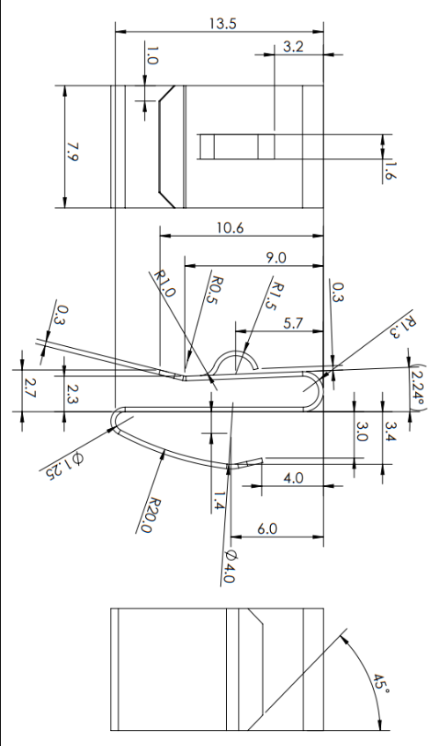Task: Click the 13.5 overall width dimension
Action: point(222,24)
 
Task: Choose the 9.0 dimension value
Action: point(276,257)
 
